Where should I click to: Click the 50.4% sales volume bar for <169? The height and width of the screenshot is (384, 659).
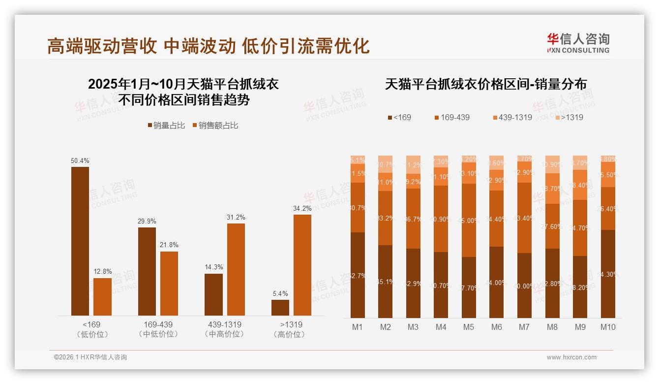point(80,241)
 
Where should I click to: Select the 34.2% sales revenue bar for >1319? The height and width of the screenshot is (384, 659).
point(302,265)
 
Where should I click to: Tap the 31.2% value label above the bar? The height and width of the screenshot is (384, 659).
point(236,217)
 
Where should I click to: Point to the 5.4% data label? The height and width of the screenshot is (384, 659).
point(280,293)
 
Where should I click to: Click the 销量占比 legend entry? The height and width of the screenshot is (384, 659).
point(166,126)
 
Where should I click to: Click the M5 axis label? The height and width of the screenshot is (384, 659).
point(469,327)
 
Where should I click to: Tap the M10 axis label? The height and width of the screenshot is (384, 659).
point(608,327)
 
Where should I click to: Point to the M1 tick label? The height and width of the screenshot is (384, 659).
point(358,327)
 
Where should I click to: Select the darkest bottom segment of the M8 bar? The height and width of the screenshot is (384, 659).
point(552,283)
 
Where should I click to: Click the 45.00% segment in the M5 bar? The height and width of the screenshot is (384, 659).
point(469,220)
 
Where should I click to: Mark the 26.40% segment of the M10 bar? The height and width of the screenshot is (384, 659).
point(608,208)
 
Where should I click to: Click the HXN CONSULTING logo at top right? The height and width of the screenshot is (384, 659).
point(578,43)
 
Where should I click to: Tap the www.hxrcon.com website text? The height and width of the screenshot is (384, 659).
point(571,357)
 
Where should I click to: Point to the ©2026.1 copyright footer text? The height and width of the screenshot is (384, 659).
point(90,357)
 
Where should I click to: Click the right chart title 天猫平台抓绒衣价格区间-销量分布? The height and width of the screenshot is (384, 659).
point(485,84)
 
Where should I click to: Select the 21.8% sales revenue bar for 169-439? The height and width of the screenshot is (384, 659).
point(169,284)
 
